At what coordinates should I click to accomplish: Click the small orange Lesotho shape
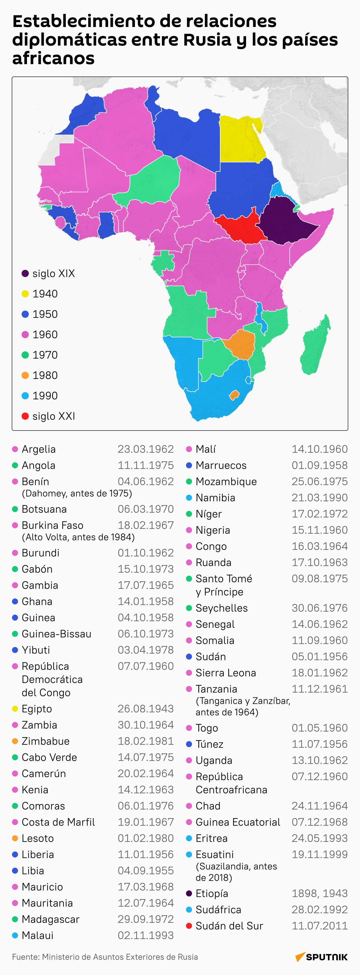234,395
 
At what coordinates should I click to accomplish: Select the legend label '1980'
45,375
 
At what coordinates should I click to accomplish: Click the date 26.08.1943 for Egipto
145,708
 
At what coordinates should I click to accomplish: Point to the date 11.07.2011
319,926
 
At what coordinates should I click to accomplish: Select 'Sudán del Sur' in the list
229,926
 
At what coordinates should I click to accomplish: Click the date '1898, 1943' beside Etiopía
319,893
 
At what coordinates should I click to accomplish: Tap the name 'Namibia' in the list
215,498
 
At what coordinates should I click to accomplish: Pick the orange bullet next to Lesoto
15,838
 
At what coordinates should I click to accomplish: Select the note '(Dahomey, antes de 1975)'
77,493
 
